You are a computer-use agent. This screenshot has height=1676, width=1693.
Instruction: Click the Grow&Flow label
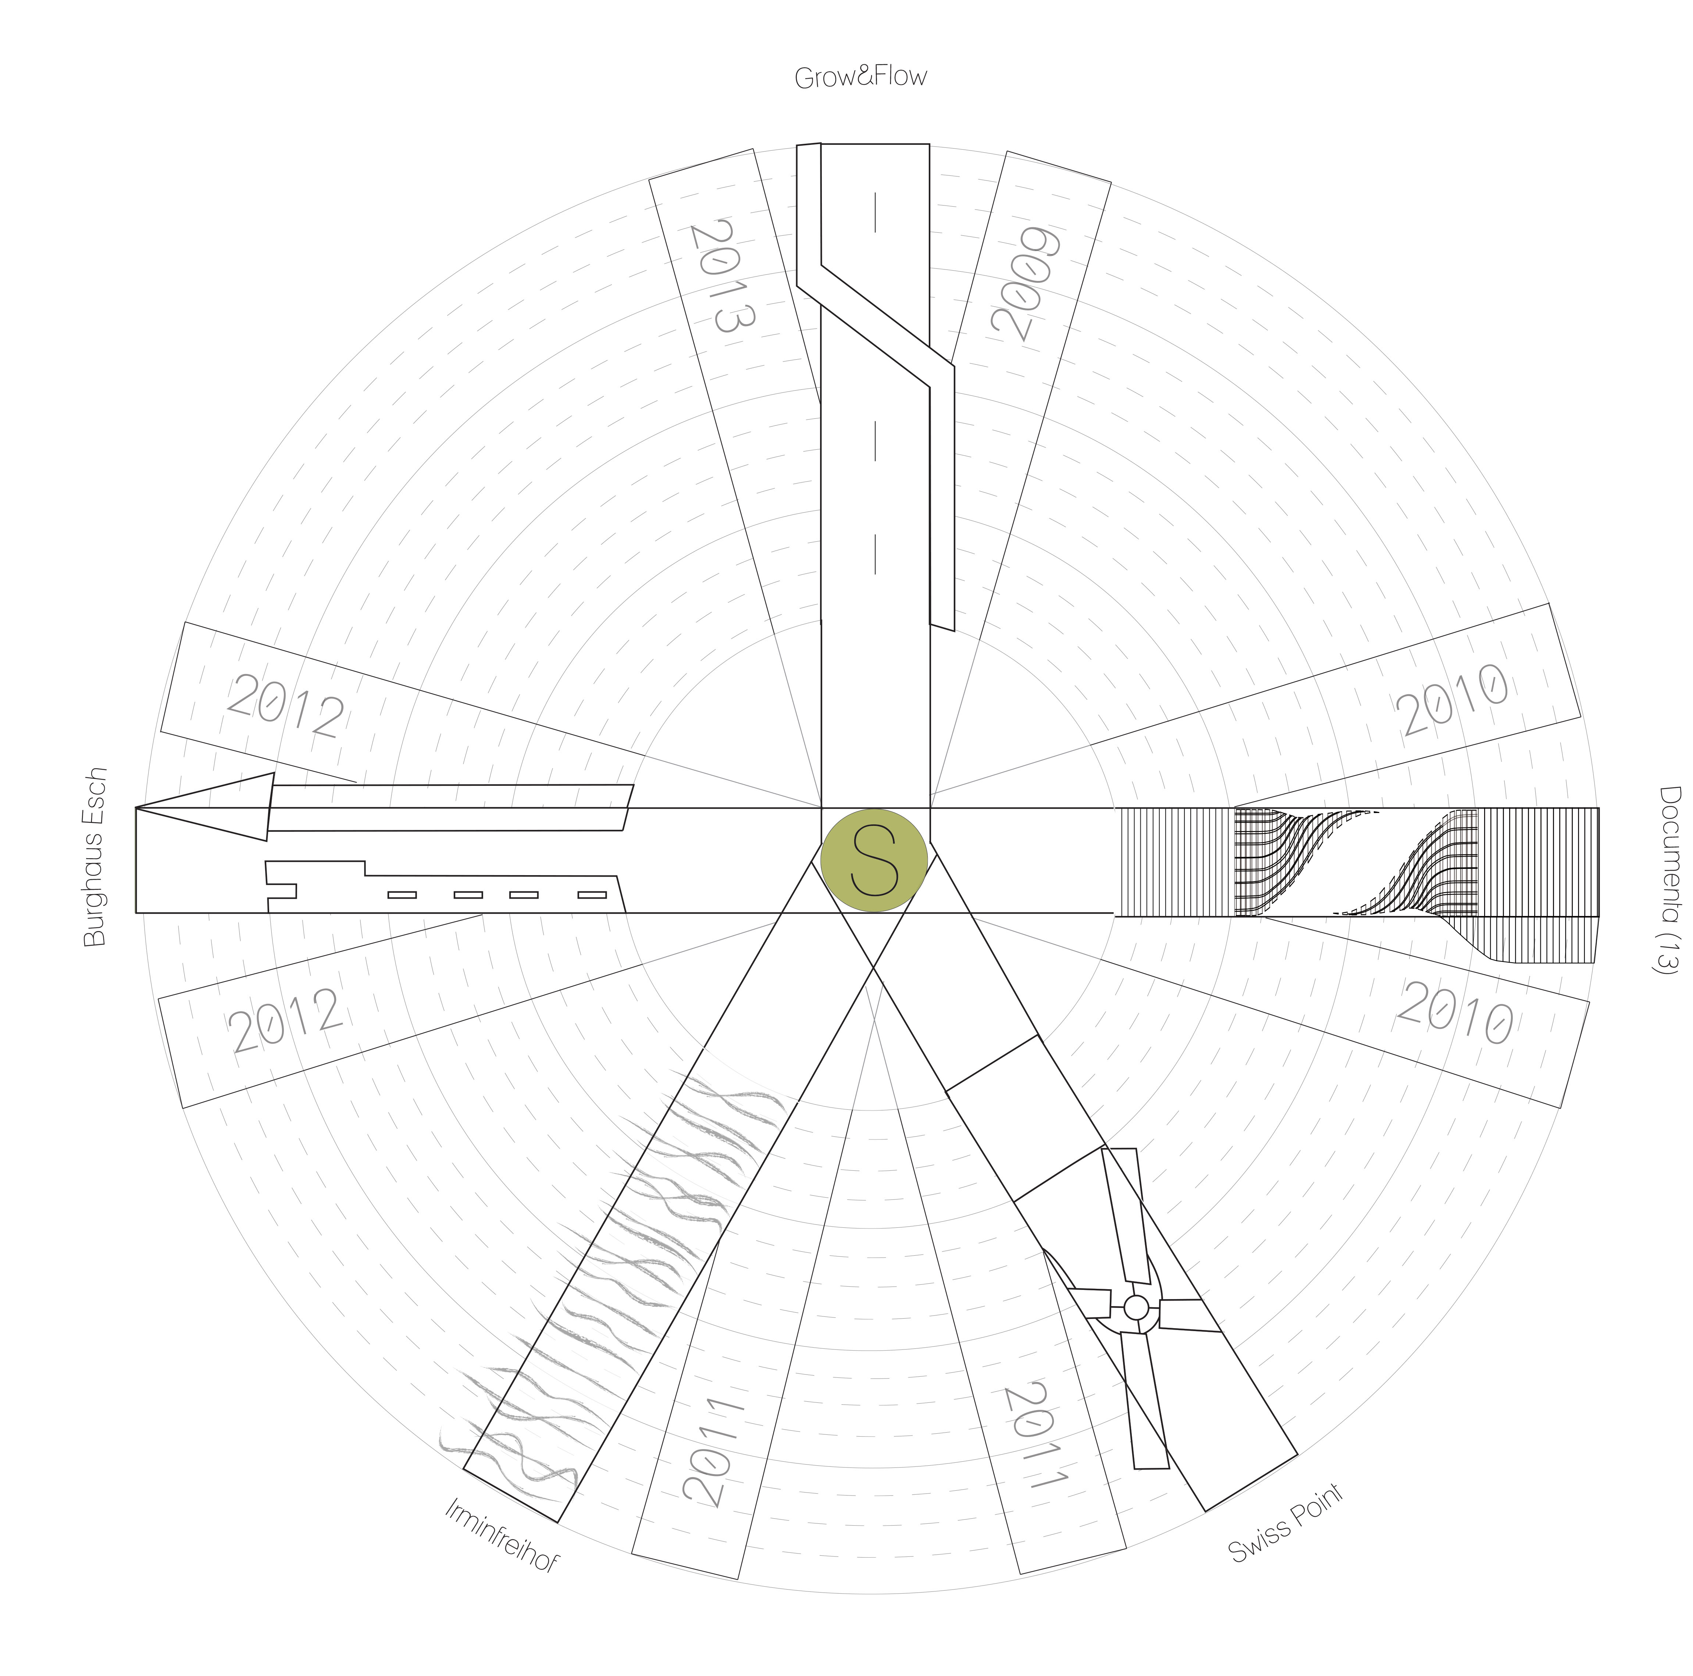[x=860, y=77]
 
